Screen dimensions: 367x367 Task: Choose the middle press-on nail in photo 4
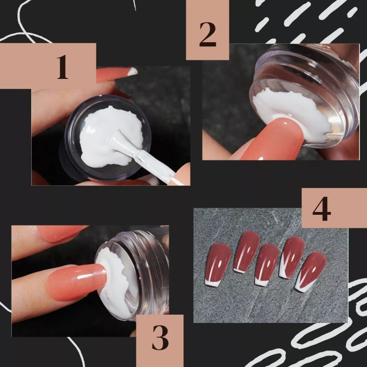[x=267, y=264]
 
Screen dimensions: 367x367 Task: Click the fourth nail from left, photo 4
[x=292, y=257]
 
